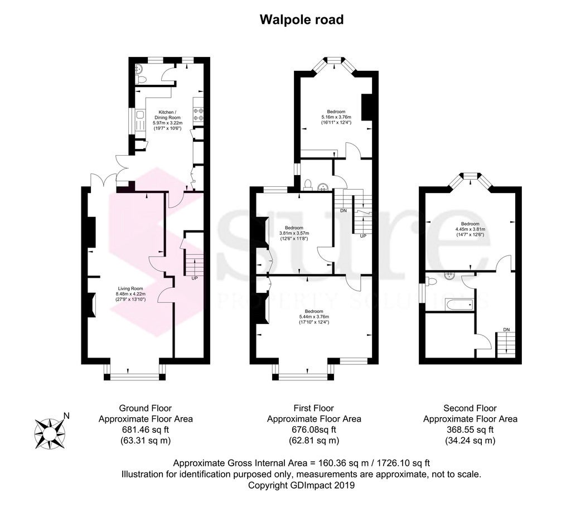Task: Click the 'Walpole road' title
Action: coord(302,20)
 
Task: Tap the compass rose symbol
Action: coord(50,433)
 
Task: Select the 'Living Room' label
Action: coord(130,289)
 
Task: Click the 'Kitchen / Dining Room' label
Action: coord(167,115)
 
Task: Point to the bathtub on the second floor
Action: coord(459,304)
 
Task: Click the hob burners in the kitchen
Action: coord(199,114)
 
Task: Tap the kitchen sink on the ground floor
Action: coord(139,120)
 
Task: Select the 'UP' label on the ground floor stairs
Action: coord(195,278)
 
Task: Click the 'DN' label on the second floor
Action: coord(506,330)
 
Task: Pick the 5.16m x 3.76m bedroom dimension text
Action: coord(336,117)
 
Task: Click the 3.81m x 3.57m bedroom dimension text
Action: coord(294,233)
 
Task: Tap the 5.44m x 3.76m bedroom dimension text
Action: coord(314,317)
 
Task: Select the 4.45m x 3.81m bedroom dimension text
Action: coord(470,229)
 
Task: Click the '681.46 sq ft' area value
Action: coord(146,430)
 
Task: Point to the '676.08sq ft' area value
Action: coord(314,430)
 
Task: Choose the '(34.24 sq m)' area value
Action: coord(470,441)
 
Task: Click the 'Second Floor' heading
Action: coord(470,408)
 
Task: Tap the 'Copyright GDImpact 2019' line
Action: coord(301,485)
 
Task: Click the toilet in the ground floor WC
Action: coord(141,79)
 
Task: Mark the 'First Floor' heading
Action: coord(314,408)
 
